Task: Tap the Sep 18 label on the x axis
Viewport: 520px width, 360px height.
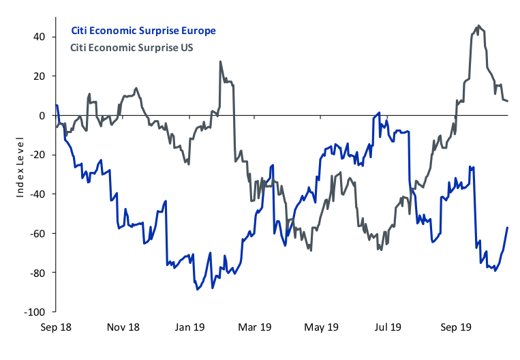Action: (x=57, y=327)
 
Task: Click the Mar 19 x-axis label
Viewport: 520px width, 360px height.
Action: (x=255, y=327)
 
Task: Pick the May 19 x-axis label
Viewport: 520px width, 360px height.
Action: (x=322, y=327)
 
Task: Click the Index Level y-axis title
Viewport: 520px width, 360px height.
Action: (x=20, y=167)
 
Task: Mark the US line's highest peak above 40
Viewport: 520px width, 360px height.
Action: (x=479, y=26)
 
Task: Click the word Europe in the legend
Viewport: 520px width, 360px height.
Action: (x=198, y=31)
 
